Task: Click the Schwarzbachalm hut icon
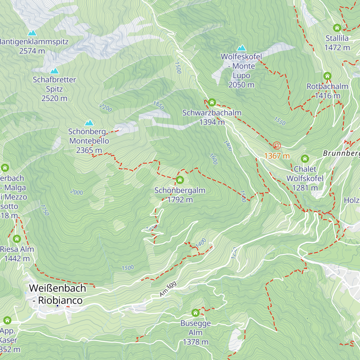coord(212,103)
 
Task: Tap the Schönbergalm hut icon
coord(180,180)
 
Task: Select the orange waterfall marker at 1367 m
coord(277,145)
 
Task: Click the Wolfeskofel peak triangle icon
coord(241,48)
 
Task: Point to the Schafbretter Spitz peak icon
coord(54,71)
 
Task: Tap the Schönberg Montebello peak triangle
coord(89,123)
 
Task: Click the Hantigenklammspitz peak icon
coord(32,33)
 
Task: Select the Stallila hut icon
coord(337,28)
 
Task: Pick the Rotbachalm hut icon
coord(327,76)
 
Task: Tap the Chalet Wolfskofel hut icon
coord(305,159)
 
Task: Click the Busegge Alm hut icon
coord(195,313)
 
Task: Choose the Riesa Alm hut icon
coord(17,239)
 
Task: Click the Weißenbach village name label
coord(57,288)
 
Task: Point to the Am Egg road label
coord(168,289)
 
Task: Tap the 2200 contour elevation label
coord(106,108)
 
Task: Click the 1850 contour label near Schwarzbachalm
coord(158,105)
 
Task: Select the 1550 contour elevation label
coord(280,121)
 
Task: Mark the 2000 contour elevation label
coord(76,192)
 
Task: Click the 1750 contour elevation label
coord(44,210)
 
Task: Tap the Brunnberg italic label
coord(341,153)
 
